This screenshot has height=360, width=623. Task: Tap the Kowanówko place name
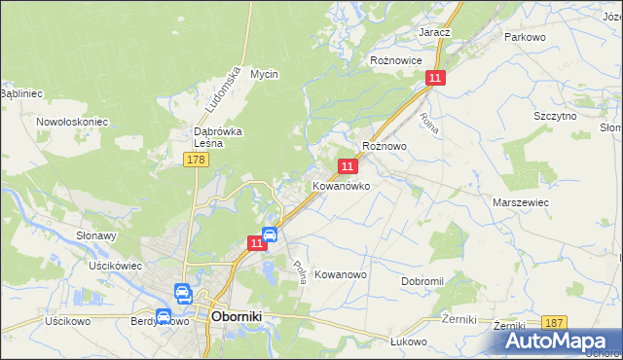point(341,185)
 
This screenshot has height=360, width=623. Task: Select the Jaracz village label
point(434,32)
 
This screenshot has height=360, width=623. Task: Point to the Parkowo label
point(524,36)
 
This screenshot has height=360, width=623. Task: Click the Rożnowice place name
point(395,59)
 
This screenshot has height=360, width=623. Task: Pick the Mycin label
point(264,74)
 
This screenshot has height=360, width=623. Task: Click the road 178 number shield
point(196,159)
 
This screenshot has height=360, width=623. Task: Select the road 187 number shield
point(555,323)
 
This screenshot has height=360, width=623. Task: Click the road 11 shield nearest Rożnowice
point(435,78)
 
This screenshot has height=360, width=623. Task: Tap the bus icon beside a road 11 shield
point(272,234)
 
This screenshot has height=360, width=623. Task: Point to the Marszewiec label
point(521,201)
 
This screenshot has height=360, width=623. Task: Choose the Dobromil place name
point(421,280)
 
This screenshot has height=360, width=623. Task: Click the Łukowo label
point(409,342)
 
